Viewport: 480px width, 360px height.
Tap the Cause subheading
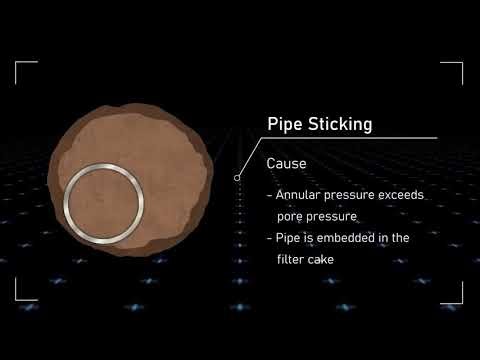[x=286, y=162]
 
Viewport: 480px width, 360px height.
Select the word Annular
[x=300, y=195]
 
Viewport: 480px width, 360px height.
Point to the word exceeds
[x=402, y=195]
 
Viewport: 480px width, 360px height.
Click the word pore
[x=293, y=216]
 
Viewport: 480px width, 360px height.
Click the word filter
[x=291, y=259]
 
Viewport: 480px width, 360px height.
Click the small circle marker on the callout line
[x=237, y=178]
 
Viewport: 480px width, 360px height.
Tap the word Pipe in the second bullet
[x=288, y=238]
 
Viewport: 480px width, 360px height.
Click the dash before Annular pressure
[x=268, y=195]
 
